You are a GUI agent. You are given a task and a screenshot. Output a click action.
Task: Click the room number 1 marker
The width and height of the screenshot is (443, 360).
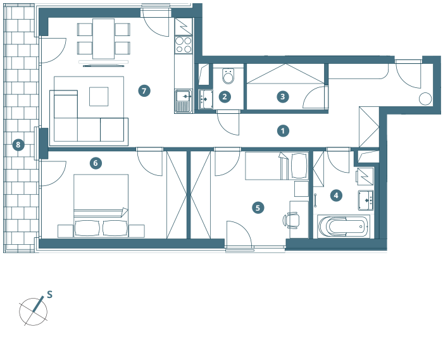coord(283,131)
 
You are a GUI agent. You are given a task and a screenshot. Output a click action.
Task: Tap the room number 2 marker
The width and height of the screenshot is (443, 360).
coord(224,97)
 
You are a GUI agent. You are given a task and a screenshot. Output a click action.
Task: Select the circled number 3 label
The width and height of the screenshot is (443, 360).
coord(283,97)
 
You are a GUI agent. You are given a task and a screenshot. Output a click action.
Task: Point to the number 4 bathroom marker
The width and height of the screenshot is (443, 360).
coord(336,196)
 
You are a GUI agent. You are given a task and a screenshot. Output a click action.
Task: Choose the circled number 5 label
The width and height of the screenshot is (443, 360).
coord(257,207)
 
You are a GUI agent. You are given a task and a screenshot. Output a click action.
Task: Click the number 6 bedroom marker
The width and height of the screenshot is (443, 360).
coord(95,163)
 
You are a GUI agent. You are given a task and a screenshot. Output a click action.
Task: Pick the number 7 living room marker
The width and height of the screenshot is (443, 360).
coord(144,91)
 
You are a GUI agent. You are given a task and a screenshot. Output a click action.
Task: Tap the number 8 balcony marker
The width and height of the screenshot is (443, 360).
coord(18,145)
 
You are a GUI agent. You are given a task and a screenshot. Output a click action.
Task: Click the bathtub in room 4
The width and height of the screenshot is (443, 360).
coord(341,226)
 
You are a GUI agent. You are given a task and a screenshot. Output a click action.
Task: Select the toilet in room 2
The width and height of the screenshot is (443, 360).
coord(228,77)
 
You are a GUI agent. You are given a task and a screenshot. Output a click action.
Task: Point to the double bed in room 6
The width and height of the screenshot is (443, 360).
coord(101,204)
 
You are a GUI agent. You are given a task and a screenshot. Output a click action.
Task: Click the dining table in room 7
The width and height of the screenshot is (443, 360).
coord(104,38)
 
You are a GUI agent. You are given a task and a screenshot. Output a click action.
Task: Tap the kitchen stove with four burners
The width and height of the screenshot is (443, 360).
coord(184,44)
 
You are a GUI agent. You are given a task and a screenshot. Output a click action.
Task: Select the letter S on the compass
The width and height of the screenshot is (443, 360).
coord(49,295)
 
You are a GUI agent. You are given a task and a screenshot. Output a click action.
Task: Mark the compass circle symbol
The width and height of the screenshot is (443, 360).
coord(34,311)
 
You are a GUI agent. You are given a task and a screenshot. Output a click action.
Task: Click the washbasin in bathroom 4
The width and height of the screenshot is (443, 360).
coord(366,200)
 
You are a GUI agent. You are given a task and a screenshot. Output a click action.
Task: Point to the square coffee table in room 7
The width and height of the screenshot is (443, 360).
coord(99,96)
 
